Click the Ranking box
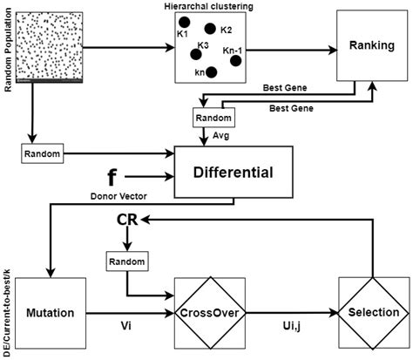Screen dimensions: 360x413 tap(367, 45)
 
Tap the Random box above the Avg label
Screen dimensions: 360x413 tap(213, 116)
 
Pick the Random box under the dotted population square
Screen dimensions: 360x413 tap(42, 153)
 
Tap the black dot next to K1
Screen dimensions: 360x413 tap(185, 21)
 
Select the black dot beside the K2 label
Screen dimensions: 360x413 tap(211, 29)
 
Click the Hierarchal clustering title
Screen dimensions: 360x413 tap(208, 7)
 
